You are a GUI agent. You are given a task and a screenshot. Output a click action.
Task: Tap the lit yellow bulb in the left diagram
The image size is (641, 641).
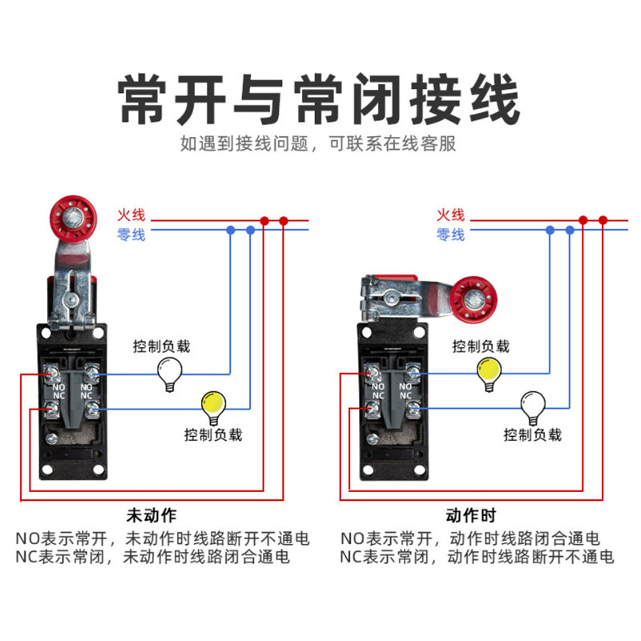[212, 407]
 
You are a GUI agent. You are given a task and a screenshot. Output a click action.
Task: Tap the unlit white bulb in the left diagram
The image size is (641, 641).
[169, 372]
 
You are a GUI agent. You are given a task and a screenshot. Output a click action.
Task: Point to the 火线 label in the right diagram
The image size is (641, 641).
[450, 215]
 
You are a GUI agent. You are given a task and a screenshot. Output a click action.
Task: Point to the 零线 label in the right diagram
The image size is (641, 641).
[450, 235]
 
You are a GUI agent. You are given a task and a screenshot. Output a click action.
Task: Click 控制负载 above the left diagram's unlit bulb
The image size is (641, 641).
[162, 347]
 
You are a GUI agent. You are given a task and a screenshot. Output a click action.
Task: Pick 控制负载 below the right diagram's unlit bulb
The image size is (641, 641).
[533, 435]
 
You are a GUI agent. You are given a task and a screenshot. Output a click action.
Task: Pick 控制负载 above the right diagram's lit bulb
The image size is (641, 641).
[481, 347]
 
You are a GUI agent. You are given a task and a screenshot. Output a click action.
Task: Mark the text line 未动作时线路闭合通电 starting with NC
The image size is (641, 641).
[152, 557]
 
